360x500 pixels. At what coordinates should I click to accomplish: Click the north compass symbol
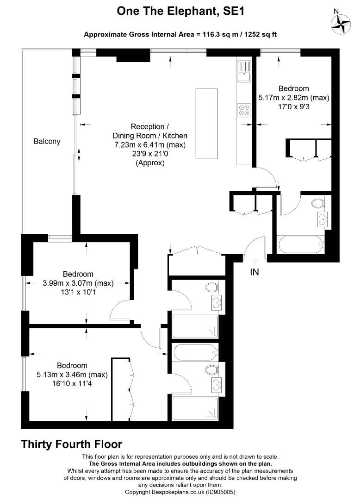click(x=341, y=23)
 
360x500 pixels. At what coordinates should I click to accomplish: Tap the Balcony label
click(x=47, y=141)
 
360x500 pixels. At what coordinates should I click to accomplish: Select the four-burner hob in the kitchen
click(x=244, y=110)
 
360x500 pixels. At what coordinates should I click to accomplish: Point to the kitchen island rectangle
click(x=206, y=124)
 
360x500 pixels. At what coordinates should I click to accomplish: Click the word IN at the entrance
click(x=254, y=272)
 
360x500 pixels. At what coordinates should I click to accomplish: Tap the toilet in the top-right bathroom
click(x=318, y=203)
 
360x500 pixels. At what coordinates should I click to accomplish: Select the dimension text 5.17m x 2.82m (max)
click(x=294, y=98)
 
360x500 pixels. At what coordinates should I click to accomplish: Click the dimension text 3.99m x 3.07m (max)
click(x=78, y=283)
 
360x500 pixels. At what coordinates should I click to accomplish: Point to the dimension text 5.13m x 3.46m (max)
click(x=72, y=375)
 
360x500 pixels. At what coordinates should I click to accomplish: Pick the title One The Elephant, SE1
click(x=180, y=12)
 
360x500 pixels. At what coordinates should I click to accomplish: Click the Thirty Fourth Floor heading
click(x=72, y=444)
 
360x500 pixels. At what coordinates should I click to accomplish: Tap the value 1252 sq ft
click(x=261, y=34)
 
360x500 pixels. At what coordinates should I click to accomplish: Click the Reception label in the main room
click(x=148, y=126)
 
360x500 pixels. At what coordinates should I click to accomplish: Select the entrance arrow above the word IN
click(x=257, y=262)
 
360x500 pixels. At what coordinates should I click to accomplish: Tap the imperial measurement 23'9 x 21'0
click(x=150, y=154)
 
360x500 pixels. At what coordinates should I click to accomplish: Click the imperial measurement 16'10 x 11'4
click(x=72, y=384)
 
